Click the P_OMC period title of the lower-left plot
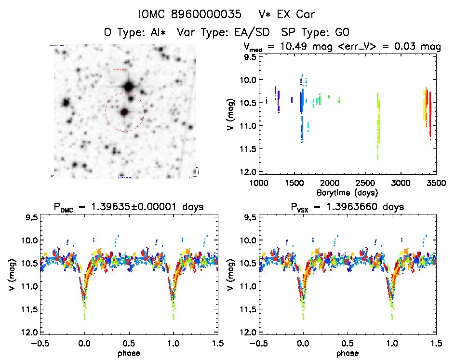pyautogui.click(x=129, y=207)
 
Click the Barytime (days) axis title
pyautogui.click(x=347, y=192)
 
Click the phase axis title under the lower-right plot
pyautogui.click(x=348, y=353)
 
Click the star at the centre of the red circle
pyautogui.click(x=124, y=112)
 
